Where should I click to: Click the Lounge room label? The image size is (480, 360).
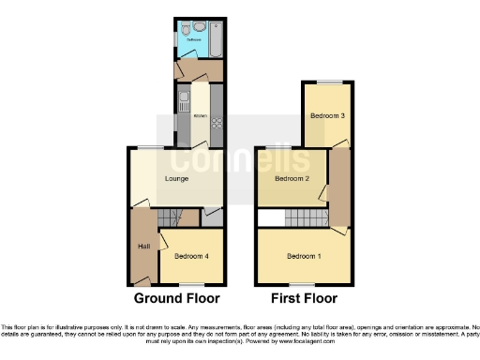coord(176,179)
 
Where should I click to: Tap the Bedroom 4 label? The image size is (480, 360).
coord(190,256)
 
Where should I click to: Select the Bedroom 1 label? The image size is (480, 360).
coord(304,256)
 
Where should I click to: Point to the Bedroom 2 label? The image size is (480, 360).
coord(292,178)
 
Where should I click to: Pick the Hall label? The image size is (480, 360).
coord(143,246)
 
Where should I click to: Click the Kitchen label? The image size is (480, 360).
coord(199,115)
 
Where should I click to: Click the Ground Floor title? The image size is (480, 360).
coord(177,299)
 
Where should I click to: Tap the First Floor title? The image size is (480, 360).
coord(305,299)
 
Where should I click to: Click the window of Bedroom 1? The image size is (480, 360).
coord(302,283)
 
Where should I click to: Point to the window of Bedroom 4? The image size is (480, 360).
coord(191,283)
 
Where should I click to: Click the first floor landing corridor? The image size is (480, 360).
coord(339,187)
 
